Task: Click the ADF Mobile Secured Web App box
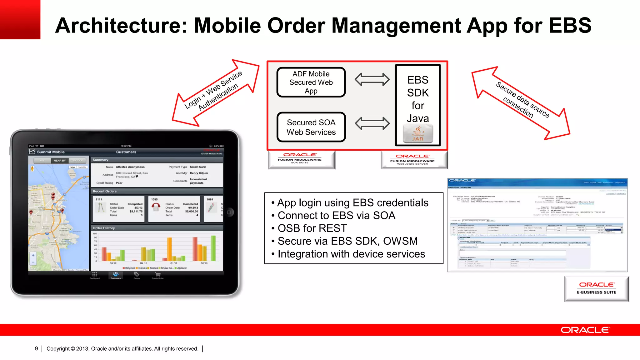311,82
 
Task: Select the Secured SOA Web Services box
311,127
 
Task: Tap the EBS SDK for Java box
418,99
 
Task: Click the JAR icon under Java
418,134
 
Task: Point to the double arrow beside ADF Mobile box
372,79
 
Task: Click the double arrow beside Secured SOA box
372,123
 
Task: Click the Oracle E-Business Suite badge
596,288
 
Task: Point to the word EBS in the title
570,26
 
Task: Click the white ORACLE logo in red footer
585,330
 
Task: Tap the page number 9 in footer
37,348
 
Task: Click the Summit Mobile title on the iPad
51,152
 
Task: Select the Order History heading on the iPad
104,228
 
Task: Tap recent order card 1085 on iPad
174,209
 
